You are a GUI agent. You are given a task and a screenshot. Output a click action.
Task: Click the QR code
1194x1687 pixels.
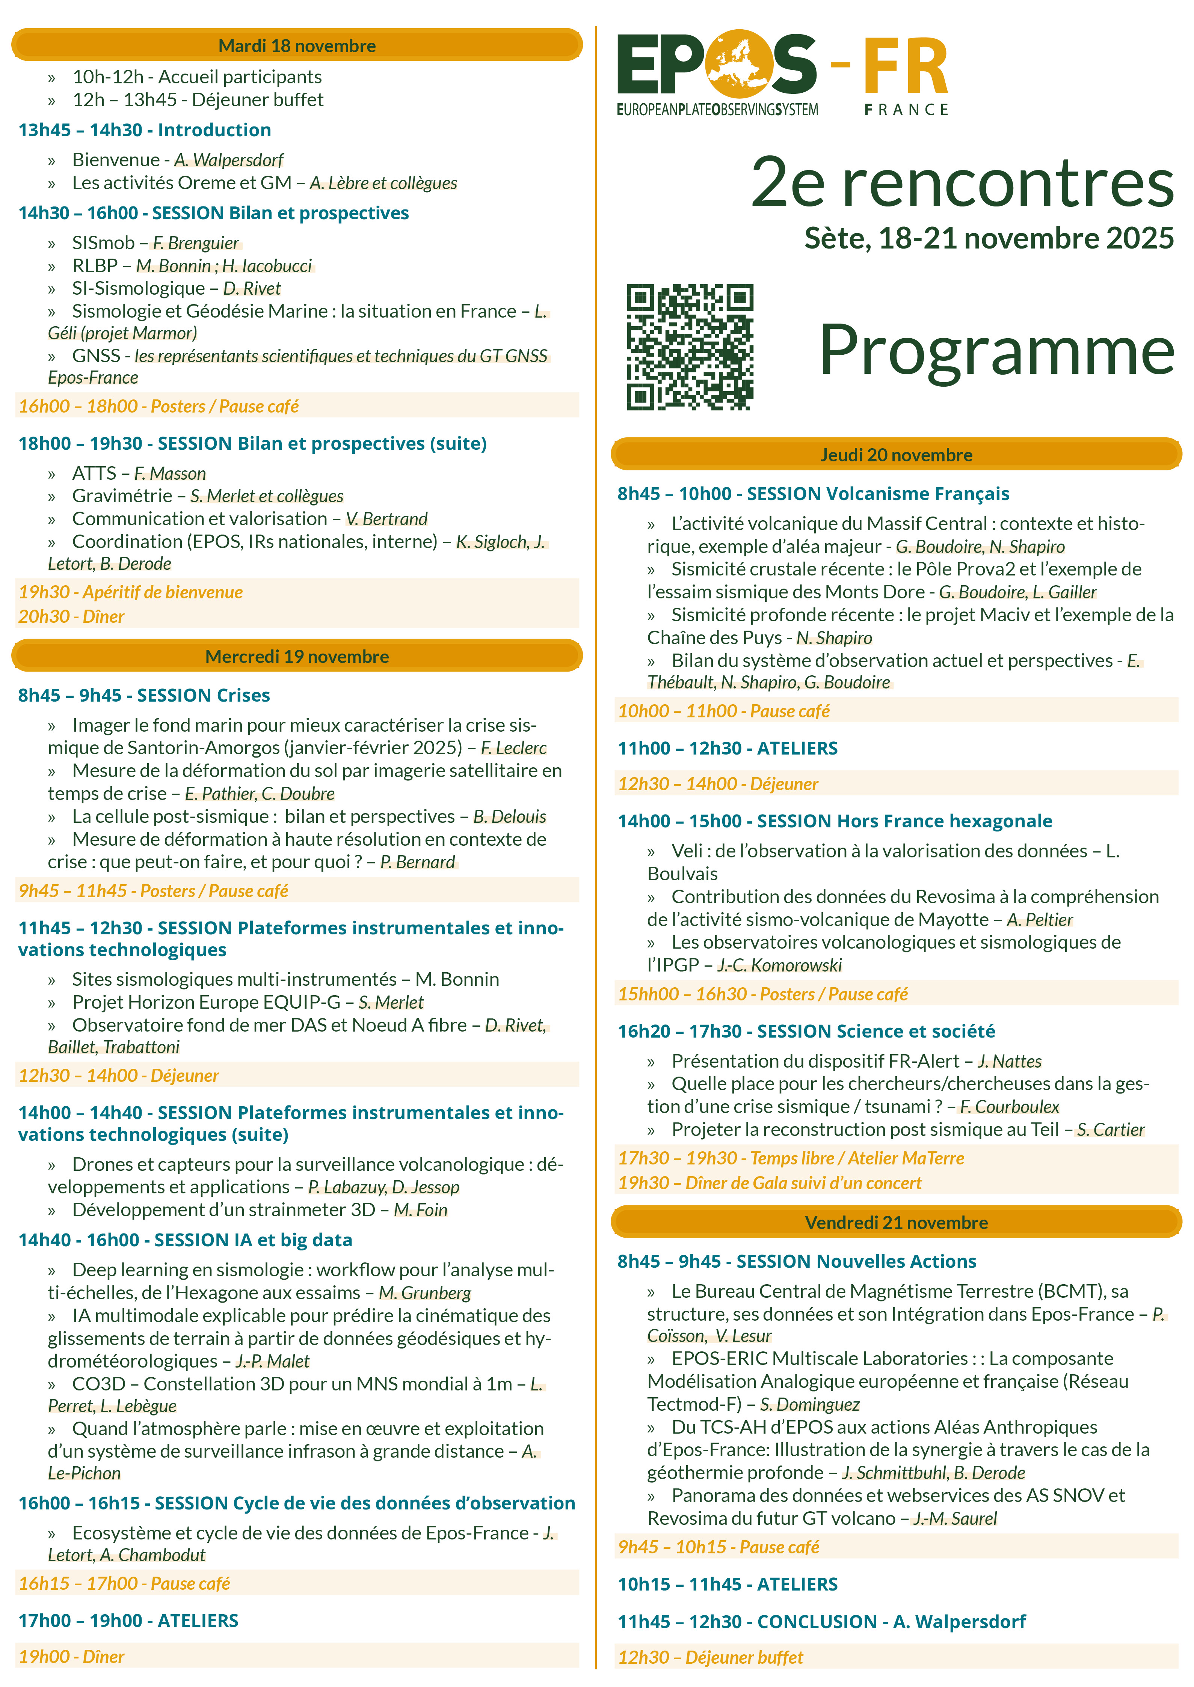point(690,347)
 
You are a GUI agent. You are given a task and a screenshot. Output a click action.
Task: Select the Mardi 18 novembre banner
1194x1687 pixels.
point(297,45)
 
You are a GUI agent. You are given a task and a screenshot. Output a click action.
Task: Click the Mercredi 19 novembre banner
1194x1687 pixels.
point(297,656)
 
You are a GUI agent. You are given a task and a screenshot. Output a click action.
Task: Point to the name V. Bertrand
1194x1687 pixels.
point(387,519)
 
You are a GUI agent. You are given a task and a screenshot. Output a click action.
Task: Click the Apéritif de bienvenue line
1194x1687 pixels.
point(131,592)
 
